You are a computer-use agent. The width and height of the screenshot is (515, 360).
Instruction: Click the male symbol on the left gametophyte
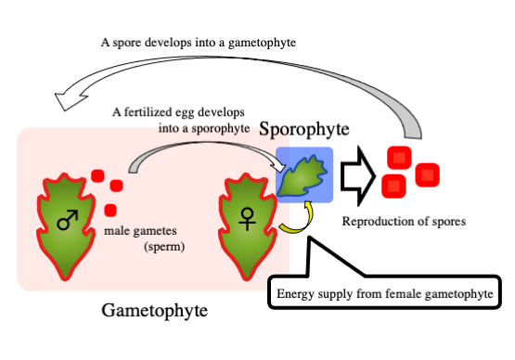pos(67,220)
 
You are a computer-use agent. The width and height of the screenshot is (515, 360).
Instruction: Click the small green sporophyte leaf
pos(303,175)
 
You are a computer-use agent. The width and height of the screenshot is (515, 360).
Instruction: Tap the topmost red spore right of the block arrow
pos(400,158)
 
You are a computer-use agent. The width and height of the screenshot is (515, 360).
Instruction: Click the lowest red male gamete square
pos(109,210)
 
